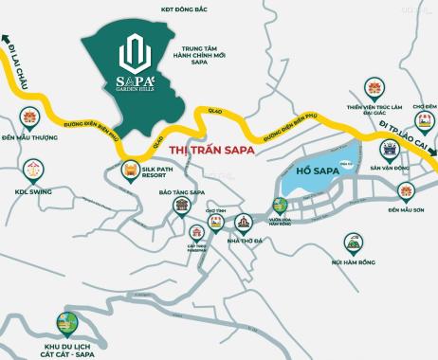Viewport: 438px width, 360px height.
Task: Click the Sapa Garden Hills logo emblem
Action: point(137,48)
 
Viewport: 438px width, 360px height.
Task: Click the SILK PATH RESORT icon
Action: point(130,171)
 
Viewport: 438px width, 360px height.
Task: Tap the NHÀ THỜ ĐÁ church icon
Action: point(243,223)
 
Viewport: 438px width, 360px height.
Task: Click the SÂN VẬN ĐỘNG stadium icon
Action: point(388,150)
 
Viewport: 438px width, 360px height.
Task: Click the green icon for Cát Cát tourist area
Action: point(66,324)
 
